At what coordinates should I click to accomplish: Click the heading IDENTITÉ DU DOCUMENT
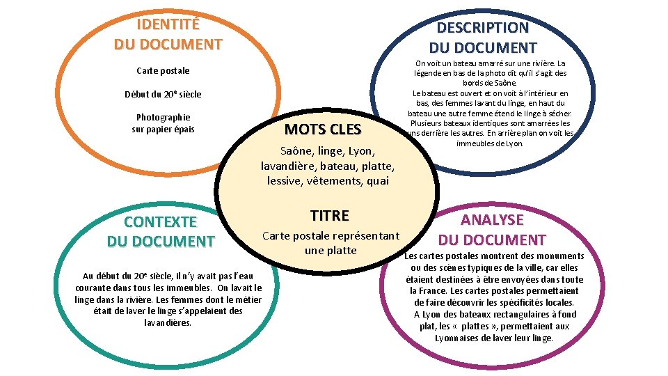[x=168, y=35]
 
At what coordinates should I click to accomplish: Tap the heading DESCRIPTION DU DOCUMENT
[x=483, y=38]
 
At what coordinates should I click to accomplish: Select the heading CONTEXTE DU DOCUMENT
[x=161, y=232]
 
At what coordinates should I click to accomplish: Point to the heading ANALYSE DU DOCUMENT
[x=492, y=230]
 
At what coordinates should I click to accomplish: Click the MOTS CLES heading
[x=323, y=130]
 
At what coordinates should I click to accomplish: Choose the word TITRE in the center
[x=330, y=216]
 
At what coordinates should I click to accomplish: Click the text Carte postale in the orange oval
[x=163, y=71]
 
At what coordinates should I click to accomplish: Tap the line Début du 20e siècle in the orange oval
[x=163, y=94]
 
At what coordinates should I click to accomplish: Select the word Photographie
[x=163, y=117]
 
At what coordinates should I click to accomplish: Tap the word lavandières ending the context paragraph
[x=168, y=322]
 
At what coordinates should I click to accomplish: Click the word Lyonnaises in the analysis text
[x=459, y=338]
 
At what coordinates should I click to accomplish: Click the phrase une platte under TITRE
[x=331, y=251]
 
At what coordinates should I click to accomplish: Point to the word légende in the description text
[x=430, y=73]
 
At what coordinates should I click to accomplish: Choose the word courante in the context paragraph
[x=93, y=288]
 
